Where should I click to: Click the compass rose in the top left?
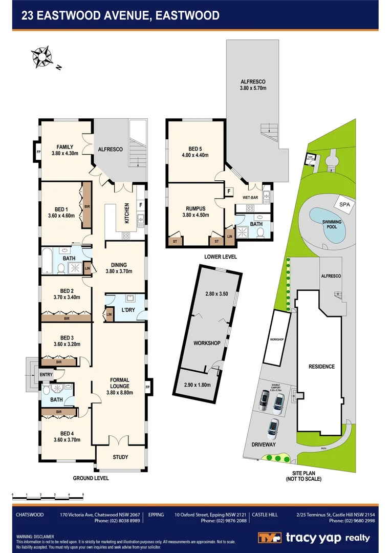[41, 56]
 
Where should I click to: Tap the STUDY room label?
[120, 457]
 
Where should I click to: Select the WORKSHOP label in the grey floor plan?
[207, 343]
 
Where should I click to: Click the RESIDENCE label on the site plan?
[321, 367]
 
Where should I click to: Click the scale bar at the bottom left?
[48, 496]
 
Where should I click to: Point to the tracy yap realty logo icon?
[269, 538]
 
